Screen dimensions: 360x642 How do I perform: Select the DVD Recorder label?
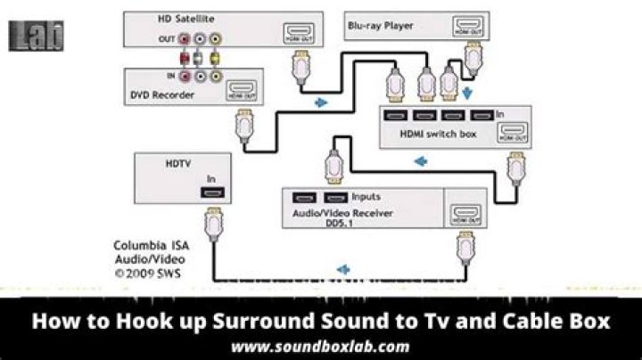coord(161,95)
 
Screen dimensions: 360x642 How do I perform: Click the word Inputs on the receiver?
coord(366,196)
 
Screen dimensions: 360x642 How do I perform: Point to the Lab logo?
coord(37,37)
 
